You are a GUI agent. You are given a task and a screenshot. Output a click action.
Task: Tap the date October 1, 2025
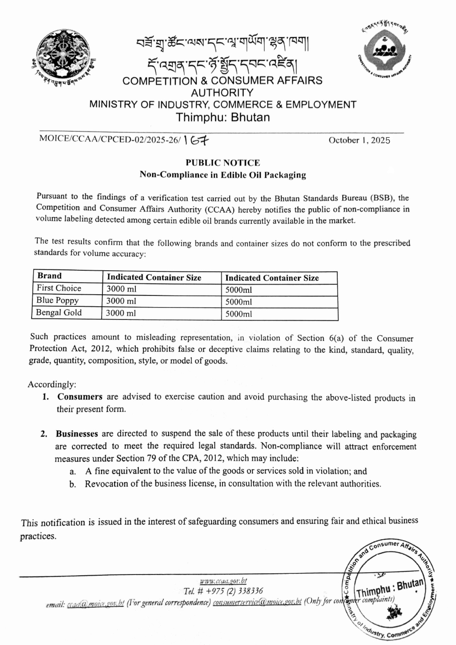pyautogui.click(x=359, y=140)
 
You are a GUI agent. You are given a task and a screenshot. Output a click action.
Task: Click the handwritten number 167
pyautogui.click(x=196, y=140)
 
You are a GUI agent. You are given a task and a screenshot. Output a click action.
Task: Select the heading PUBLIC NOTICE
pyautogui.click(x=223, y=163)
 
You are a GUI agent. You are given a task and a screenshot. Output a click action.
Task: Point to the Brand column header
pyautogui.click(x=49, y=276)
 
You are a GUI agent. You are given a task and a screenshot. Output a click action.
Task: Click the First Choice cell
pyautogui.click(x=59, y=288)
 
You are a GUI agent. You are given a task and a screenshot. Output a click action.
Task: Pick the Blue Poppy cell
pyautogui.click(x=57, y=300)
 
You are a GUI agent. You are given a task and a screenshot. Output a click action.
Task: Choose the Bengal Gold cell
pyautogui.click(x=59, y=313)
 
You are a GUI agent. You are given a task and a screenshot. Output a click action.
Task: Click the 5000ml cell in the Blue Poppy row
pyautogui.click(x=239, y=302)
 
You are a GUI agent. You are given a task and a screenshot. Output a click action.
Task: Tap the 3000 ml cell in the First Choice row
pyautogui.click(x=121, y=289)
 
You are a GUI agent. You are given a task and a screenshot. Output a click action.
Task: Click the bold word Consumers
pyautogui.click(x=80, y=397)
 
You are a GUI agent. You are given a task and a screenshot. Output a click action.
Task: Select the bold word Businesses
pyautogui.click(x=77, y=434)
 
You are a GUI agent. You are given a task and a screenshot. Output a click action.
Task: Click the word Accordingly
pyautogui.click(x=52, y=384)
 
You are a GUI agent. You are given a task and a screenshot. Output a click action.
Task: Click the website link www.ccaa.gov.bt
pyautogui.click(x=223, y=581)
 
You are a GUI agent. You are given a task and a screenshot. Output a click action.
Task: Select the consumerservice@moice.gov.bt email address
pyautogui.click(x=257, y=601)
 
